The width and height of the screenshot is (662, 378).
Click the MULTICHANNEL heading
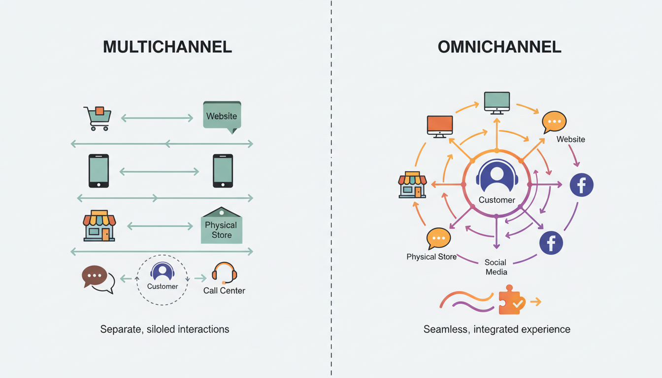coord(167,47)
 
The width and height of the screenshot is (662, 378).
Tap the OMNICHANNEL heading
coord(499,47)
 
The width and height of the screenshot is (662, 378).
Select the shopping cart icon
coord(97,118)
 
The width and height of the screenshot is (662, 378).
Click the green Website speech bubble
coord(222,117)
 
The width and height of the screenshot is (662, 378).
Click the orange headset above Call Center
coord(224,273)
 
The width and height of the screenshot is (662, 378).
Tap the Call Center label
coord(224,291)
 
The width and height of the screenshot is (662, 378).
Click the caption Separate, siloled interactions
coord(165,329)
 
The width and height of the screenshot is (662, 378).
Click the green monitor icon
coord(496,102)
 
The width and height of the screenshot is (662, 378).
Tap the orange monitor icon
coord(440,126)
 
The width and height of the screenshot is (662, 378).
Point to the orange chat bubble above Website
coord(554,122)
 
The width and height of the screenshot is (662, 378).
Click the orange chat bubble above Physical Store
coord(438,239)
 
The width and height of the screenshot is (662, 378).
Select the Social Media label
coord(496,267)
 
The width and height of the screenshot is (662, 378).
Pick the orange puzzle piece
coord(512,300)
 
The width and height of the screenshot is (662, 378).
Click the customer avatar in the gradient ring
coord(496,177)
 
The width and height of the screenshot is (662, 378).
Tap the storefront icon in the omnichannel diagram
coord(412,185)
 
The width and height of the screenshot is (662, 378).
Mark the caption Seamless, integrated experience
coord(496,329)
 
